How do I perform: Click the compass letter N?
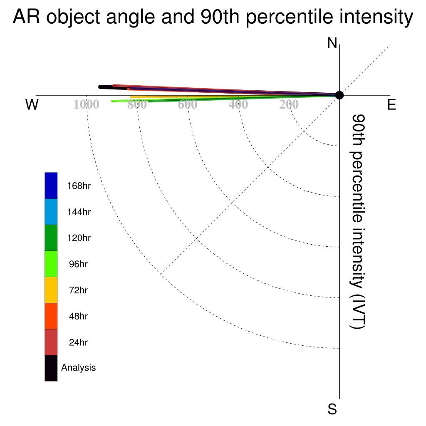point(332,43)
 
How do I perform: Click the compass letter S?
point(332,409)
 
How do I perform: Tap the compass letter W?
point(32,104)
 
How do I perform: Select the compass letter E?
point(391,104)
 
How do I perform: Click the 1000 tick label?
point(87,104)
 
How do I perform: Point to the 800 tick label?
point(137,104)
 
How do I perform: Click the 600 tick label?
point(188,104)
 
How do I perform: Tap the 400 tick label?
point(238,104)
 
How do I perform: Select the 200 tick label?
point(289,104)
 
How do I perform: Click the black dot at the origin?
point(339,95)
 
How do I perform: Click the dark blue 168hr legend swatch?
point(51,186)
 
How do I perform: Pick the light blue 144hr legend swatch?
point(51,212)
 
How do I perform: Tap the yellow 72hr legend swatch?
point(51,290)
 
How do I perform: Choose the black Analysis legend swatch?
point(51,368)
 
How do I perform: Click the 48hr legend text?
point(78,316)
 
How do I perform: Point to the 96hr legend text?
point(78,264)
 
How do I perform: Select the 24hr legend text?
point(78,342)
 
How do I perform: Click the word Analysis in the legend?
point(79,368)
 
